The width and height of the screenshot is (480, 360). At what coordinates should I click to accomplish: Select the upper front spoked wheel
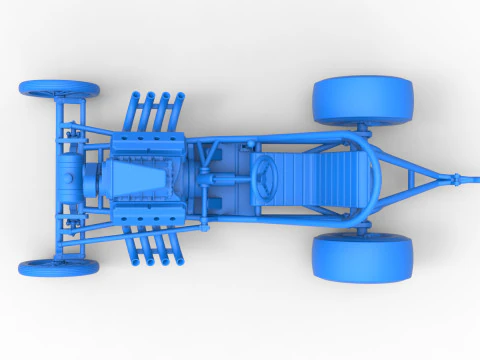59,90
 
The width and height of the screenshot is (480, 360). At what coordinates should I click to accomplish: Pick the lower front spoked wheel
59,268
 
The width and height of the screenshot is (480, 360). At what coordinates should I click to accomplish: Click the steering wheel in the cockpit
268,178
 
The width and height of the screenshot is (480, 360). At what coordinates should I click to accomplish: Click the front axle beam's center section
59,178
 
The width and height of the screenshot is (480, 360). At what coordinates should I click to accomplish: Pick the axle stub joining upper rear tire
362,129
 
